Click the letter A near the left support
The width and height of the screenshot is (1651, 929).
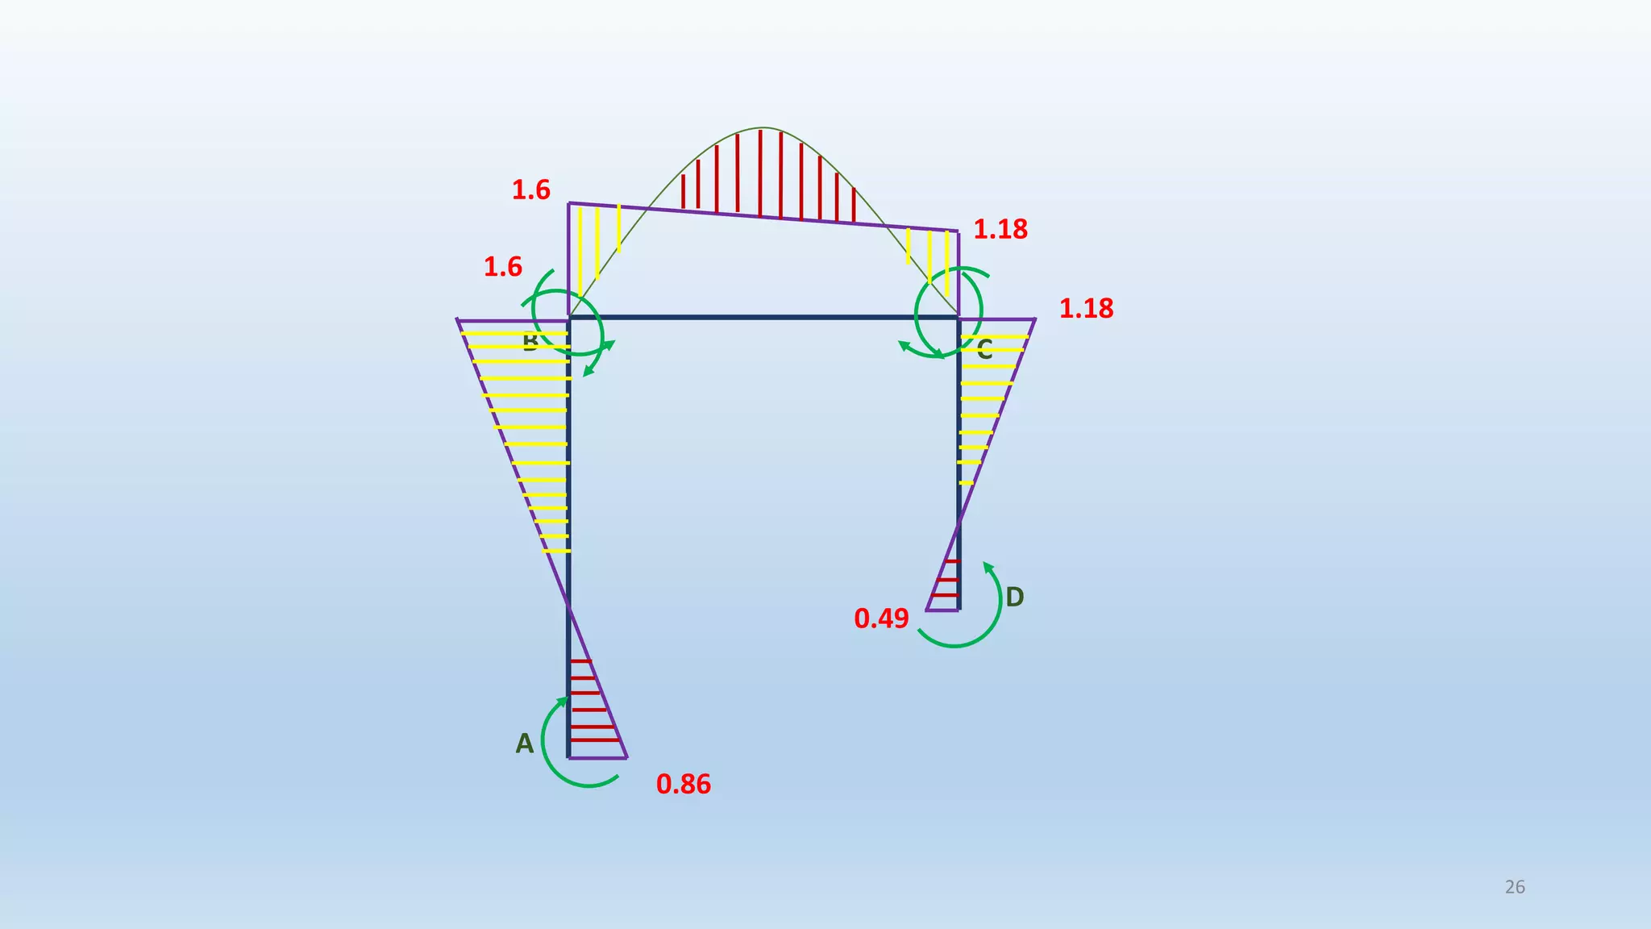524,744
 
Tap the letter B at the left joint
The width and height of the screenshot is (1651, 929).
530,343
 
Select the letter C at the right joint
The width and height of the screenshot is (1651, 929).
984,350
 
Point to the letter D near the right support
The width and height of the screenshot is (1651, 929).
1014,598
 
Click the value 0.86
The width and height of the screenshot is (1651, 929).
684,784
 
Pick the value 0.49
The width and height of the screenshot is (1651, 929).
881,619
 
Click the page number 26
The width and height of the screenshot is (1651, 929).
1515,887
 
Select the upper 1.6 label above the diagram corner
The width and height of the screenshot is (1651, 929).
531,190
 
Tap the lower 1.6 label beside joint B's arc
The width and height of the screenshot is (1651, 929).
503,267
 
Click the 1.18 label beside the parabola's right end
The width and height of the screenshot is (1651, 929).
1000,230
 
